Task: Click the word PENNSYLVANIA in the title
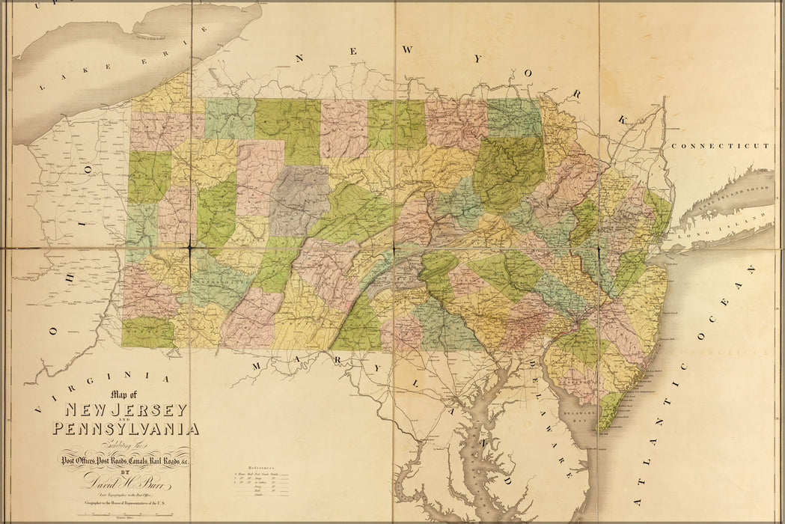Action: click(126, 429)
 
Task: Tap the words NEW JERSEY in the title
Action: click(126, 409)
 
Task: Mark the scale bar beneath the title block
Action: click(123, 515)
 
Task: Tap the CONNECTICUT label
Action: click(720, 146)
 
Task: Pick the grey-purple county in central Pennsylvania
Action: click(299, 198)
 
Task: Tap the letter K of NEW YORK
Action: click(623, 119)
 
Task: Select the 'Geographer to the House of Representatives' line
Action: click(123, 505)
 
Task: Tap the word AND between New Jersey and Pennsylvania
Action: click(125, 420)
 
